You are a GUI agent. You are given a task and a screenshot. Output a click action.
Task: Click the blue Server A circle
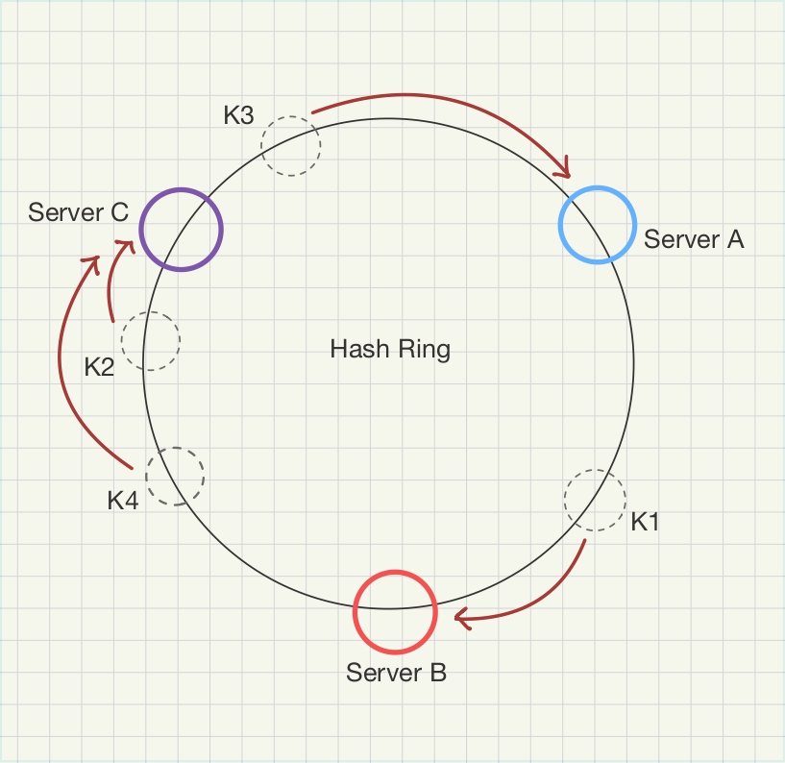pos(598,225)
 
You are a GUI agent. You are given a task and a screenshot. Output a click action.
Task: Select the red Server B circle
pos(395,611)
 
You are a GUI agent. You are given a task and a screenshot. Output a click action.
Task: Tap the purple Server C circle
pos(182,230)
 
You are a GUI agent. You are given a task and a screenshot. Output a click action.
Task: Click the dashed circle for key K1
pos(594,500)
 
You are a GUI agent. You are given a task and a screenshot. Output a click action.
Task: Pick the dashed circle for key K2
pos(151,340)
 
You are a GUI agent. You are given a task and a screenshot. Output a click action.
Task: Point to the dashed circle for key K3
pos(291,146)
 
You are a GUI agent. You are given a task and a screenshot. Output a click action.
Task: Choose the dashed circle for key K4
pos(175,476)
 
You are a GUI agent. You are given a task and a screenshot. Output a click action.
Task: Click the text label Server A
pos(694,239)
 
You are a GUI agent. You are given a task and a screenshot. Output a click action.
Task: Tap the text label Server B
pos(396,672)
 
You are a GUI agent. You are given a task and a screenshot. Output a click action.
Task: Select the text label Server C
pos(79,211)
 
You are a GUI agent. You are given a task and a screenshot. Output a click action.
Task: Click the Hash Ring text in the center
pos(390,348)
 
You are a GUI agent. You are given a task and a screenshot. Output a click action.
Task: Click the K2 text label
pos(99,366)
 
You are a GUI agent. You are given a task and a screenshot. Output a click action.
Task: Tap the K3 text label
pos(238,115)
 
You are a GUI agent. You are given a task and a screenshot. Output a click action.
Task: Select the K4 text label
pos(123,501)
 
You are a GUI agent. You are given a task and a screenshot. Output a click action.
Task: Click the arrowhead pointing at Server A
pos(563,171)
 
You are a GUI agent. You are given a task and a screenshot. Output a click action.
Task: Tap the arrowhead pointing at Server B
pos(461,619)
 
